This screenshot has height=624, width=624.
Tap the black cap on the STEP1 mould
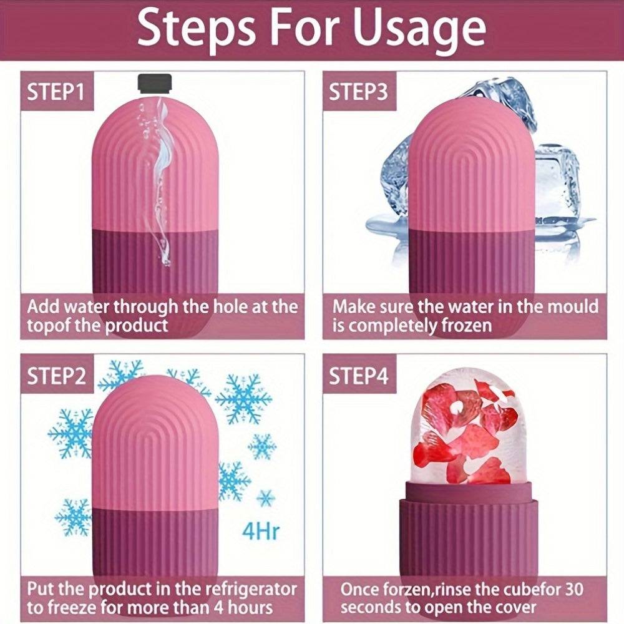[155, 82]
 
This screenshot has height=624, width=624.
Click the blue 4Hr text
[261, 532]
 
